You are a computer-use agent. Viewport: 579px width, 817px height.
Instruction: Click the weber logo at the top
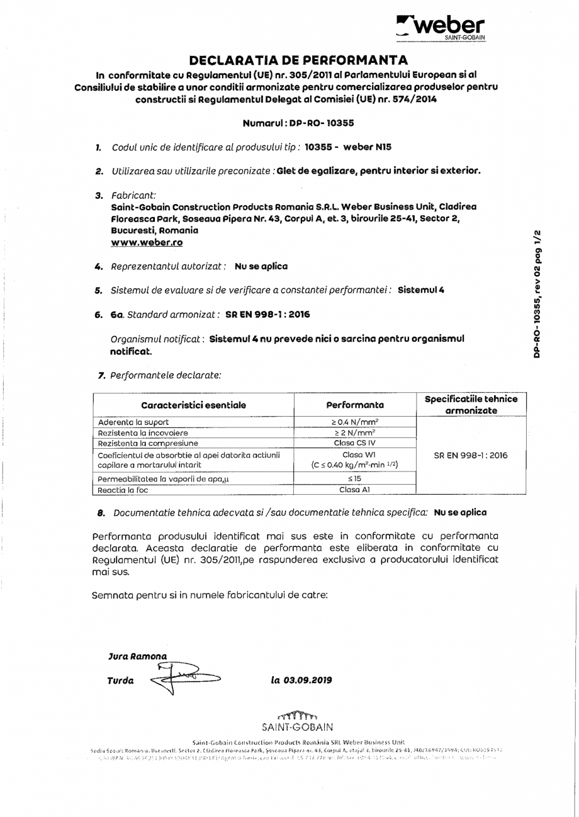[441, 27]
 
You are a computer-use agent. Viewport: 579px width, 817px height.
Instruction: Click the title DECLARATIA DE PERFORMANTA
[298, 60]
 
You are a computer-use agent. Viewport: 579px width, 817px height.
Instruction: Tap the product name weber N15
[367, 147]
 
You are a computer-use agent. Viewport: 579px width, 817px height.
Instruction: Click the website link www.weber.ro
[147, 242]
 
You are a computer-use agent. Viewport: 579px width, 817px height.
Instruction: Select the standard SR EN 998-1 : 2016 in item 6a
[267, 314]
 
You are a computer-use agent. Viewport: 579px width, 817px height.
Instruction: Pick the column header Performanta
[355, 405]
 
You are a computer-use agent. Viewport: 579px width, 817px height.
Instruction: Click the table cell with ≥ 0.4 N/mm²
[355, 422]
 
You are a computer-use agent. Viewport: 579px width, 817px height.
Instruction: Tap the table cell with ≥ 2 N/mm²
[355, 433]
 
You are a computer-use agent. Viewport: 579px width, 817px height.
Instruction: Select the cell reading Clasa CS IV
[355, 443]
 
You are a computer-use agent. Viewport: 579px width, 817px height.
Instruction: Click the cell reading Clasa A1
[355, 489]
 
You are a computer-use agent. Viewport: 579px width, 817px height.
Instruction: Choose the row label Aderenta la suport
[133, 422]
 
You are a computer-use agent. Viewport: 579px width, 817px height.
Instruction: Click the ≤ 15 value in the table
[355, 479]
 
